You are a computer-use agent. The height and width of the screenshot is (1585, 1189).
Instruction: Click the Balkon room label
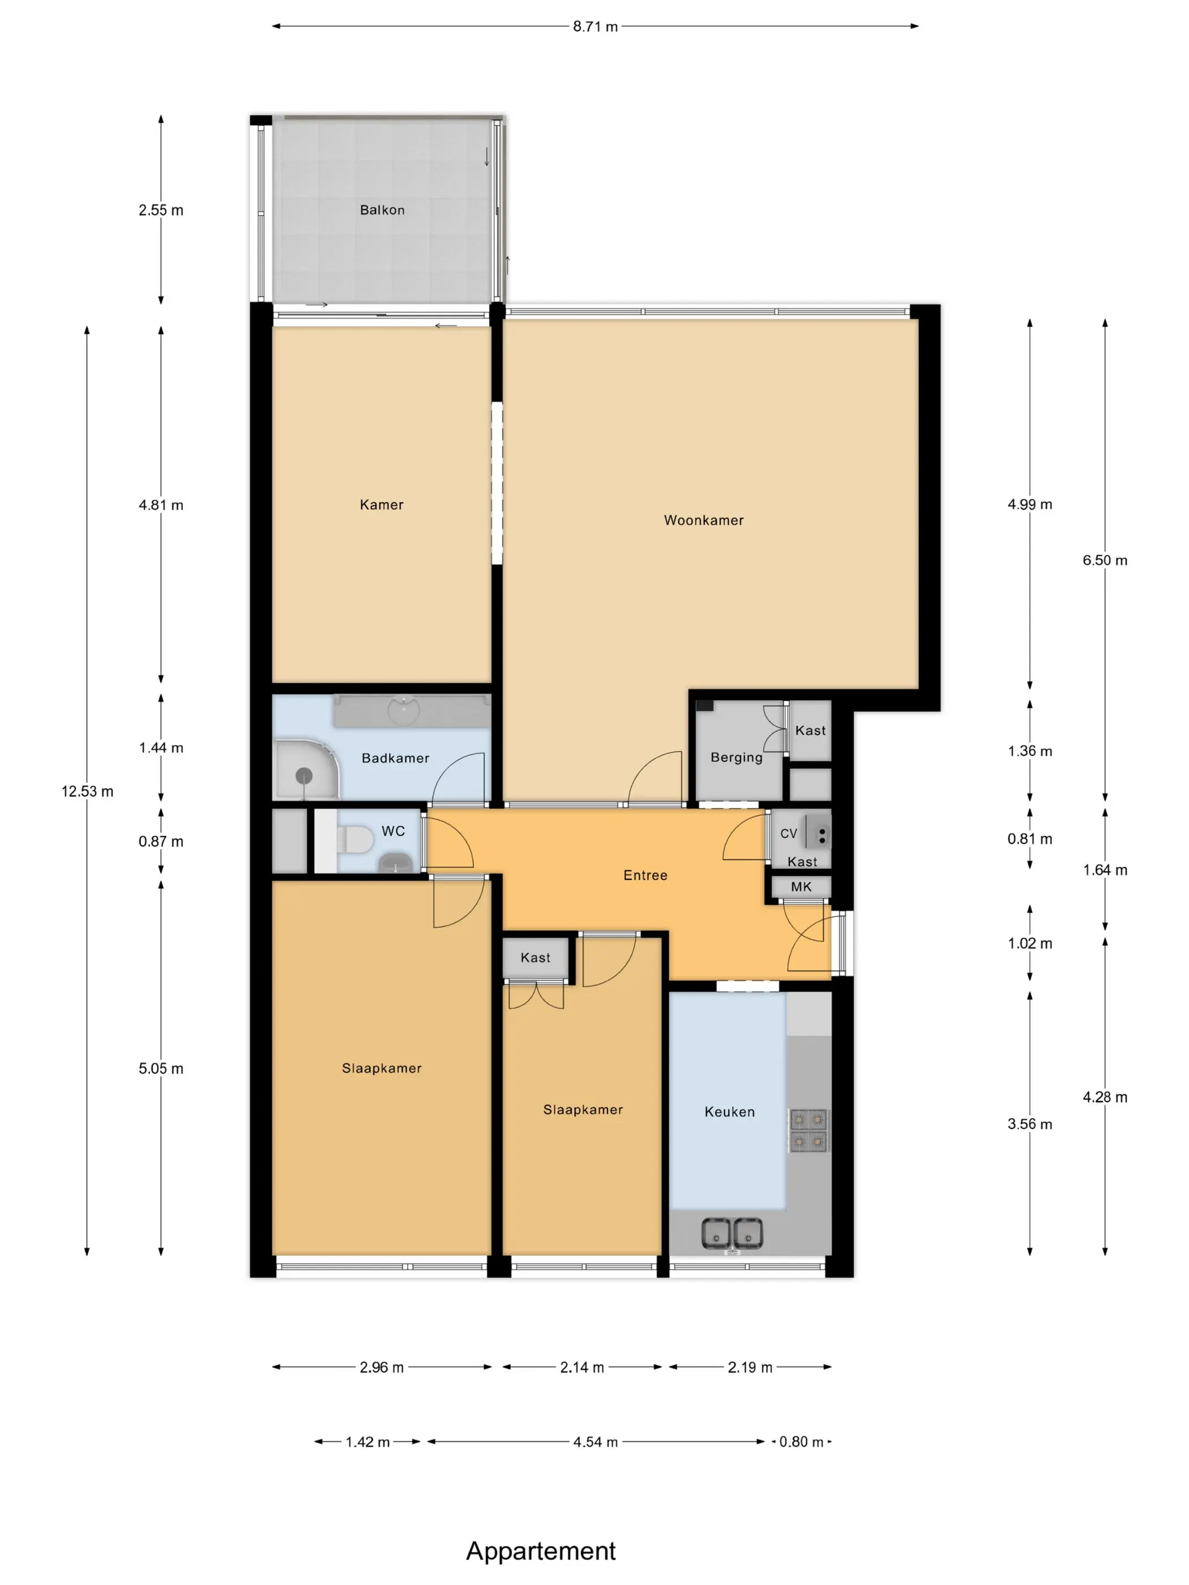click(x=382, y=210)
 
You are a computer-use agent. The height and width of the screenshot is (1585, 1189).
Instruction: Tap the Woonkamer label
click(x=704, y=520)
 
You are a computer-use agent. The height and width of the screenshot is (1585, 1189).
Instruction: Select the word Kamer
click(x=381, y=504)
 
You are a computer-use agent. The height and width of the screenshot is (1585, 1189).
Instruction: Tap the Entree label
click(x=645, y=875)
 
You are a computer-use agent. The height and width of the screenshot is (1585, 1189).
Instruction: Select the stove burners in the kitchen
click(x=809, y=1130)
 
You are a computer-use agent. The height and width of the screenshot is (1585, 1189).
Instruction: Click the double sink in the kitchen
click(x=732, y=1233)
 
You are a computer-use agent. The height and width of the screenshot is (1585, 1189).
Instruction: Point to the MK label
click(x=801, y=886)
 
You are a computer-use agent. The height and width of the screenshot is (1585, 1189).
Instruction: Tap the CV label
click(x=788, y=833)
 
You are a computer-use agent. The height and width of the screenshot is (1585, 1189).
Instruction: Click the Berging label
click(x=736, y=757)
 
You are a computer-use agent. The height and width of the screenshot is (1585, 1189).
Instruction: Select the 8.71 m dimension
click(x=595, y=27)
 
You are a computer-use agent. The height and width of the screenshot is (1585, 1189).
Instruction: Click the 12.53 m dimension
click(x=87, y=791)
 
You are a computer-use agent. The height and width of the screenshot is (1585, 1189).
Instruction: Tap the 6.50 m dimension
click(x=1105, y=560)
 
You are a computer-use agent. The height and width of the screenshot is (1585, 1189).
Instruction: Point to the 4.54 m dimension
click(x=595, y=1442)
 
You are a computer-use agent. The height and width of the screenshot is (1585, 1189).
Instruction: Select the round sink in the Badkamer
click(x=404, y=710)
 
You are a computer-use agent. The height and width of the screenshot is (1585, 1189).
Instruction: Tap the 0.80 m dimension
click(x=801, y=1442)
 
